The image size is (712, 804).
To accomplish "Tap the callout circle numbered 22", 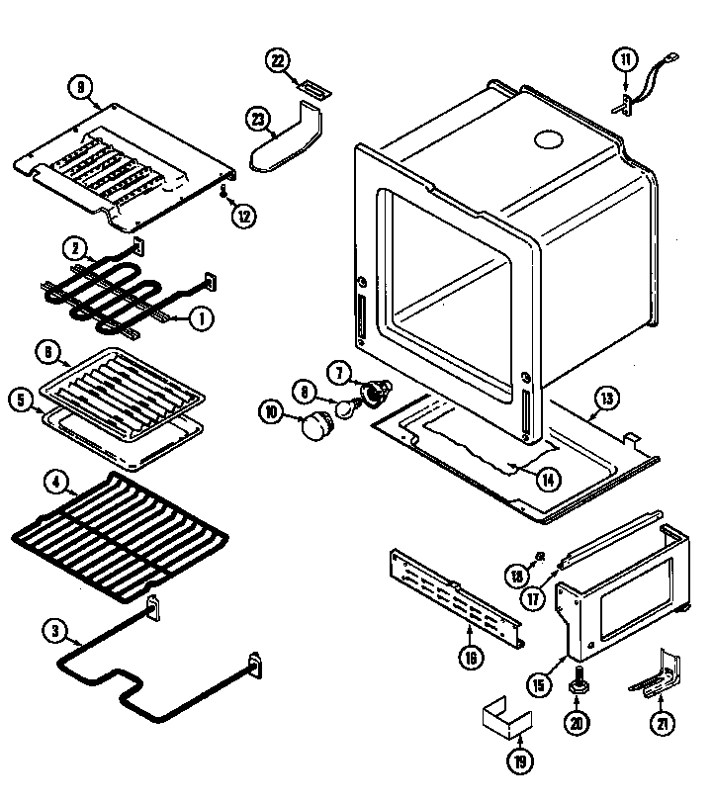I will coord(278,61).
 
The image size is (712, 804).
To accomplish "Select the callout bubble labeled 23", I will coord(258,120).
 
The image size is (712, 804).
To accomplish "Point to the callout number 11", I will coord(624,60).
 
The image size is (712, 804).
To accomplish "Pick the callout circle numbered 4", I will coord(57,484).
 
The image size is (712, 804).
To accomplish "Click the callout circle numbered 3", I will coord(56,629).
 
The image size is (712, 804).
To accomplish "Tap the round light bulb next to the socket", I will coord(345,405).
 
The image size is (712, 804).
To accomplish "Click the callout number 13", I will coord(607,400).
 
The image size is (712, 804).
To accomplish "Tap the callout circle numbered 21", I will coord(660,722).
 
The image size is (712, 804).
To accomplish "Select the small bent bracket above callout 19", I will coord(501,720).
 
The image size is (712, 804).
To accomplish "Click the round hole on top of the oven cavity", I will coord(545,141).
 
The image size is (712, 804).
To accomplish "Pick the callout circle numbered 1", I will coord(199,318).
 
